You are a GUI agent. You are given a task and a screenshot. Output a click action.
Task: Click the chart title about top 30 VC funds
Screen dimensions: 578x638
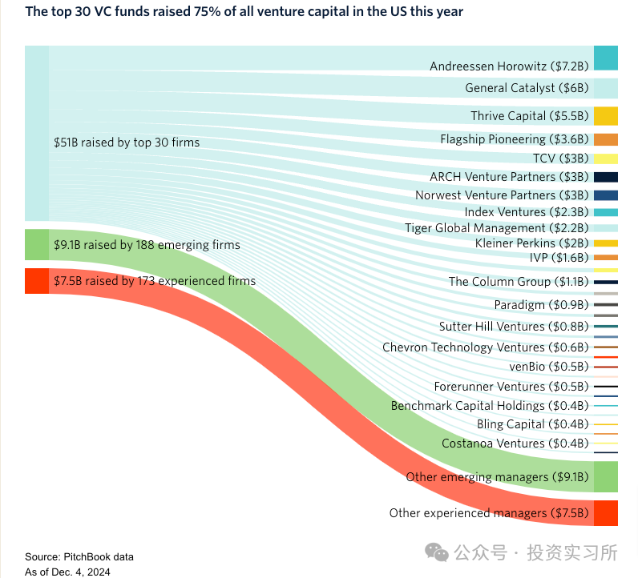[x=244, y=12]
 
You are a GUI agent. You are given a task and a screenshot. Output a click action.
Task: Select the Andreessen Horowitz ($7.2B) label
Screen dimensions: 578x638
[x=509, y=66]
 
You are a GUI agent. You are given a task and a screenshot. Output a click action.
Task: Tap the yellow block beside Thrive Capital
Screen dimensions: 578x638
[x=605, y=115]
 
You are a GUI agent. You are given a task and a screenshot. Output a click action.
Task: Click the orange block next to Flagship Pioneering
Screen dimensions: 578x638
[x=605, y=139]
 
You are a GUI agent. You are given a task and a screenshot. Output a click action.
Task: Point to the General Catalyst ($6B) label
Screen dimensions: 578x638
[x=527, y=88]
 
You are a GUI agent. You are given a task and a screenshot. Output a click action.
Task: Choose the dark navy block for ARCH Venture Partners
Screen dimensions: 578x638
[x=605, y=177]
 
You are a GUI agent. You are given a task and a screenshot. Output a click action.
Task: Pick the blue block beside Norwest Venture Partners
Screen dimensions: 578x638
[x=605, y=195]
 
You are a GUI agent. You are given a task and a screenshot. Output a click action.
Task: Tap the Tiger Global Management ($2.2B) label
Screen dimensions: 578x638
[x=497, y=228]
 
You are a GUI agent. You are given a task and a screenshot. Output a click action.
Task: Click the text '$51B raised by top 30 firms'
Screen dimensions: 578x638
[x=127, y=142]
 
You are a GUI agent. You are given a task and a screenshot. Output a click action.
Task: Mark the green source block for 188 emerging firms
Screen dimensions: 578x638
[x=37, y=245]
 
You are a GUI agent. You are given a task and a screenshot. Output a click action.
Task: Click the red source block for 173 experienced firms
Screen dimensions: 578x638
[x=37, y=281]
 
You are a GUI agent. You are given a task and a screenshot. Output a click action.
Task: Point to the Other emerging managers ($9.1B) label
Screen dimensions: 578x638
[x=497, y=476]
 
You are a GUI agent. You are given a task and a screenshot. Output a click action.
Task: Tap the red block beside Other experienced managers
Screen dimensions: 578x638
[x=605, y=512]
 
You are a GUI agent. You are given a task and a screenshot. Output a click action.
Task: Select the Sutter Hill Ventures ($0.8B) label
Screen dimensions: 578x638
[x=514, y=327]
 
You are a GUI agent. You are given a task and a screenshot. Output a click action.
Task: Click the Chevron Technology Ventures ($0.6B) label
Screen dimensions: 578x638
[x=486, y=347]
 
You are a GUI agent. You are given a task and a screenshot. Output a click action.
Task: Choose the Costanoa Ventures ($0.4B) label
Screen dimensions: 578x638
[x=515, y=443]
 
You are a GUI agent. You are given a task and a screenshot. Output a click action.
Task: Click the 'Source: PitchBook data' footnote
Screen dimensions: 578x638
[x=79, y=556]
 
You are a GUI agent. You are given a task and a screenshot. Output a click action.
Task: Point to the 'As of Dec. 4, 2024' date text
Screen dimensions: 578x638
[x=67, y=572]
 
